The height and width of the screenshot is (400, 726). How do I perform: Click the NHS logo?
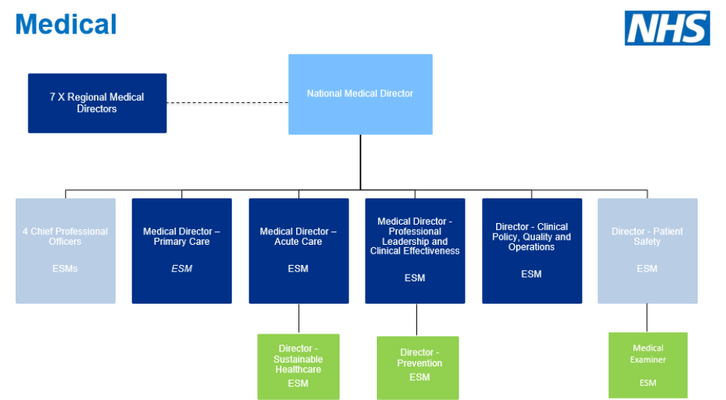pyautogui.click(x=667, y=28)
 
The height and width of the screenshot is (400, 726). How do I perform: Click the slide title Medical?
pyautogui.click(x=66, y=24)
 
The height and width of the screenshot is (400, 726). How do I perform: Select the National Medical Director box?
pyautogui.click(x=360, y=94)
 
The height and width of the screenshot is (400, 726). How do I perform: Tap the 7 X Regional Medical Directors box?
pyautogui.click(x=97, y=103)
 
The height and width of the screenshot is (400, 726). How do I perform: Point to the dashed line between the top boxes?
pyautogui.click(x=228, y=103)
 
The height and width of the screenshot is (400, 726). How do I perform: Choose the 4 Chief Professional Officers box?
pyautogui.click(x=66, y=251)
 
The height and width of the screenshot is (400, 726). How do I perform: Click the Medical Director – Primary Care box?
pyautogui.click(x=181, y=251)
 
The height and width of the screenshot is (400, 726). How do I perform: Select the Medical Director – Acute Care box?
pyautogui.click(x=298, y=251)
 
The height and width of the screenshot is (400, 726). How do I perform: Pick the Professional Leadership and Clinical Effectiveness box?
pyautogui.click(x=415, y=251)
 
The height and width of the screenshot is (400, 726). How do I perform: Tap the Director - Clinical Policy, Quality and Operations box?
pyautogui.click(x=531, y=251)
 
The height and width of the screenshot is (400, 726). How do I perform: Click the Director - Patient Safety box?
pyautogui.click(x=647, y=251)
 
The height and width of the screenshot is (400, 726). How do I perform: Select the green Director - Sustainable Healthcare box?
pyautogui.click(x=298, y=366)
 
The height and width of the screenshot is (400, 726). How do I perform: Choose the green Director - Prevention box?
pyautogui.click(x=417, y=367)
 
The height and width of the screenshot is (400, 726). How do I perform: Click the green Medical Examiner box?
pyautogui.click(x=648, y=365)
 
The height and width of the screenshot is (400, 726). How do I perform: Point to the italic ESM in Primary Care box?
pyautogui.click(x=181, y=269)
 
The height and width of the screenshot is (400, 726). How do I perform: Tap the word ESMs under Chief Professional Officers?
pyautogui.click(x=66, y=269)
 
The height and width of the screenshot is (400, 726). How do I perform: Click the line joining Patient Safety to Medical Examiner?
pyautogui.click(x=647, y=318)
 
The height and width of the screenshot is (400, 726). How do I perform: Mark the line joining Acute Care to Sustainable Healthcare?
pyautogui.click(x=298, y=319)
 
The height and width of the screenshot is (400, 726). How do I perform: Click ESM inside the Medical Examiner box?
pyautogui.click(x=648, y=383)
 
